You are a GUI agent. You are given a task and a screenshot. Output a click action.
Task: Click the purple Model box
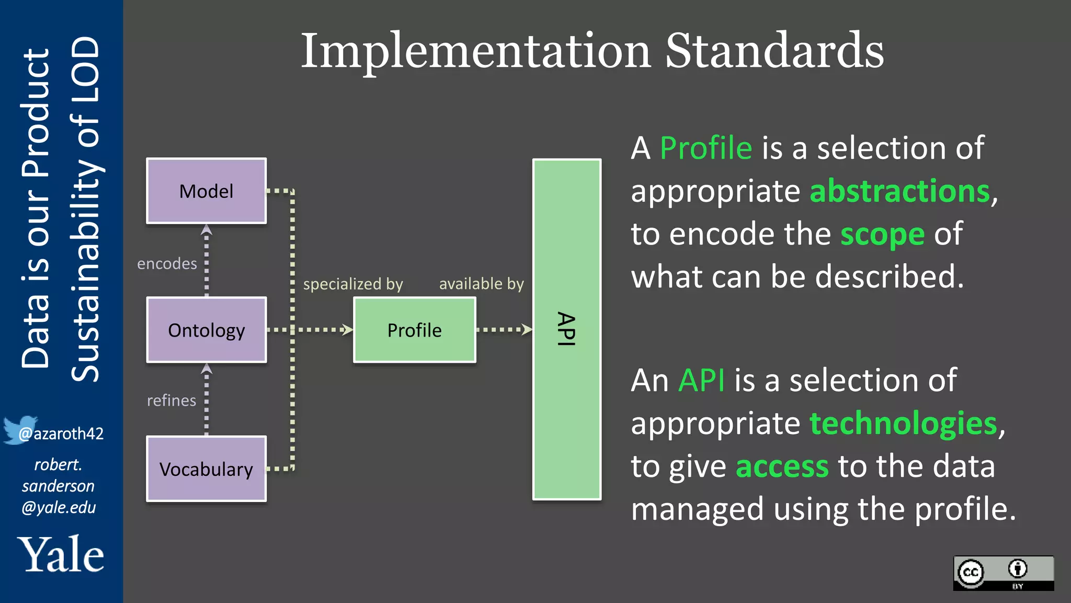206,191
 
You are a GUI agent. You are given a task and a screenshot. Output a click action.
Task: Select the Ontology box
206,330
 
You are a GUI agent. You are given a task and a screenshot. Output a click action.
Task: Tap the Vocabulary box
206,469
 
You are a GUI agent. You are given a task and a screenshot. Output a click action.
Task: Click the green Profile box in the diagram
414,330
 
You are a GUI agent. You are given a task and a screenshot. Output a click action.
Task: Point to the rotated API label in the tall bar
566,329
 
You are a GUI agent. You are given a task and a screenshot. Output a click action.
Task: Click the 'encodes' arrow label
167,263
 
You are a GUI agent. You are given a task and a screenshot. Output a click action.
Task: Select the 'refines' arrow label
171,400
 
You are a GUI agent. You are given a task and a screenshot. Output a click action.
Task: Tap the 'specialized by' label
353,284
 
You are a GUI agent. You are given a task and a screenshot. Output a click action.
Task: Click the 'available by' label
481,284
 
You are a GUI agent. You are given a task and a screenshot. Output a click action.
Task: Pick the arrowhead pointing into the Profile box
347,329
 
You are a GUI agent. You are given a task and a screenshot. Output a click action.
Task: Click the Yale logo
61,554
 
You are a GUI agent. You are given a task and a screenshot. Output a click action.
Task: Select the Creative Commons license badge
1003,573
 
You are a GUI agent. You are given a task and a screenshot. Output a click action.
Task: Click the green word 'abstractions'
899,191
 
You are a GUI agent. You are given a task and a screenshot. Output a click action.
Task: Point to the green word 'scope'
882,234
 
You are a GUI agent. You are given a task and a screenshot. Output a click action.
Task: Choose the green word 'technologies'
903,423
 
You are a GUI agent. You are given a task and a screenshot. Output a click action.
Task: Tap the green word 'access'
782,466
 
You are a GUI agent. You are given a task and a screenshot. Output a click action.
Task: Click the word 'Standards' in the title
774,51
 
